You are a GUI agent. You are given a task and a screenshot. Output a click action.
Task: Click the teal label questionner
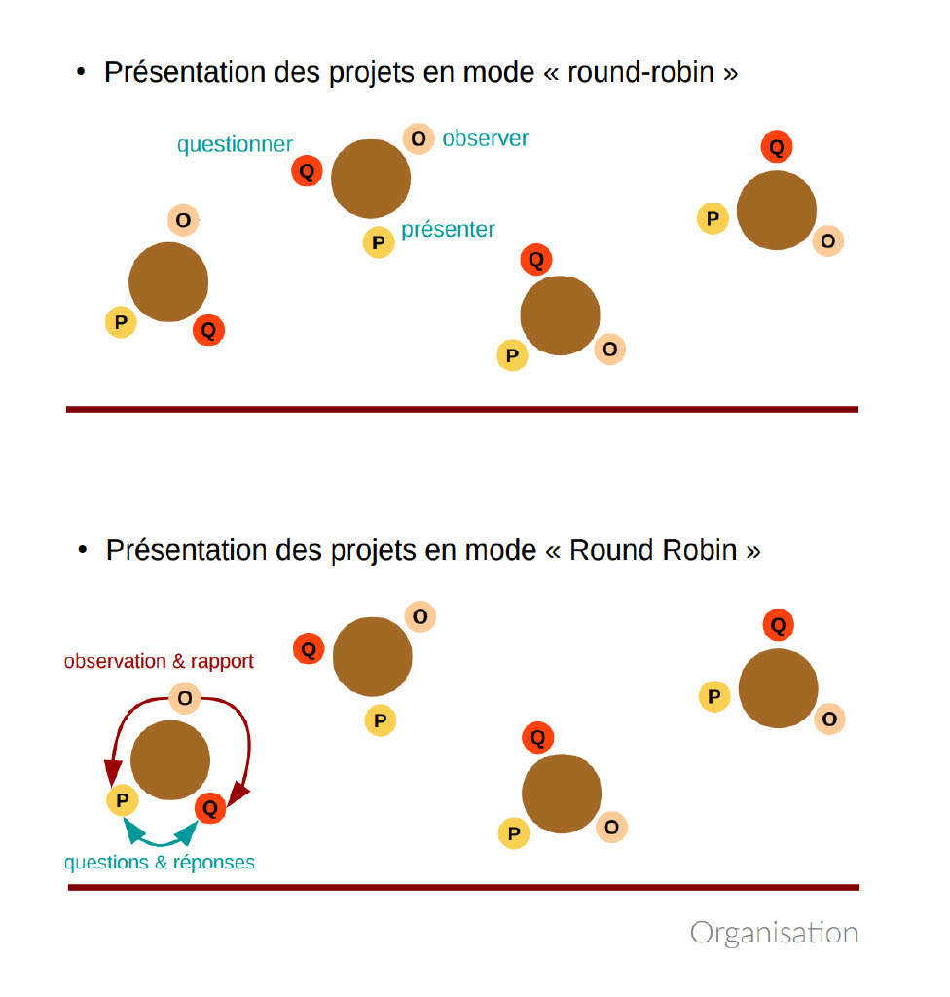tap(235, 145)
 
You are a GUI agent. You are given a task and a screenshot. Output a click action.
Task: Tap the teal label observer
tap(485, 138)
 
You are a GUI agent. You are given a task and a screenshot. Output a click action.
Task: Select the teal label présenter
tap(448, 230)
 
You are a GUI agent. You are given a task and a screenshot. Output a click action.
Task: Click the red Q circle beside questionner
tap(307, 172)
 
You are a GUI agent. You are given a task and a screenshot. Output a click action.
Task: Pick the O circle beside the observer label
tap(419, 139)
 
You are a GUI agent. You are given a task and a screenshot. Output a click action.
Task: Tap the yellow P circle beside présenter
tap(379, 242)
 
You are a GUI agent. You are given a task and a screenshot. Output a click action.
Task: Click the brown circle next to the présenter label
tap(371, 178)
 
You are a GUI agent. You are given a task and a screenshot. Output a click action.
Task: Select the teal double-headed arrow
tap(162, 835)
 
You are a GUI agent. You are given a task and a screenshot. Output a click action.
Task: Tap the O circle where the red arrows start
tap(184, 698)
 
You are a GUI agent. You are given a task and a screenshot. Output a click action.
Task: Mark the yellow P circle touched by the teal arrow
tap(122, 801)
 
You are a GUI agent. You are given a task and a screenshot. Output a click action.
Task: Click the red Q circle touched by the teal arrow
tap(210, 807)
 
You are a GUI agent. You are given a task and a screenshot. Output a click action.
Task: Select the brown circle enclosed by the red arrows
tap(170, 760)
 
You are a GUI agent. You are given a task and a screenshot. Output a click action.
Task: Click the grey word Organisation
tap(774, 933)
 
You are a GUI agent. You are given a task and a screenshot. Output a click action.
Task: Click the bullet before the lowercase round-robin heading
tap(82, 73)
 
